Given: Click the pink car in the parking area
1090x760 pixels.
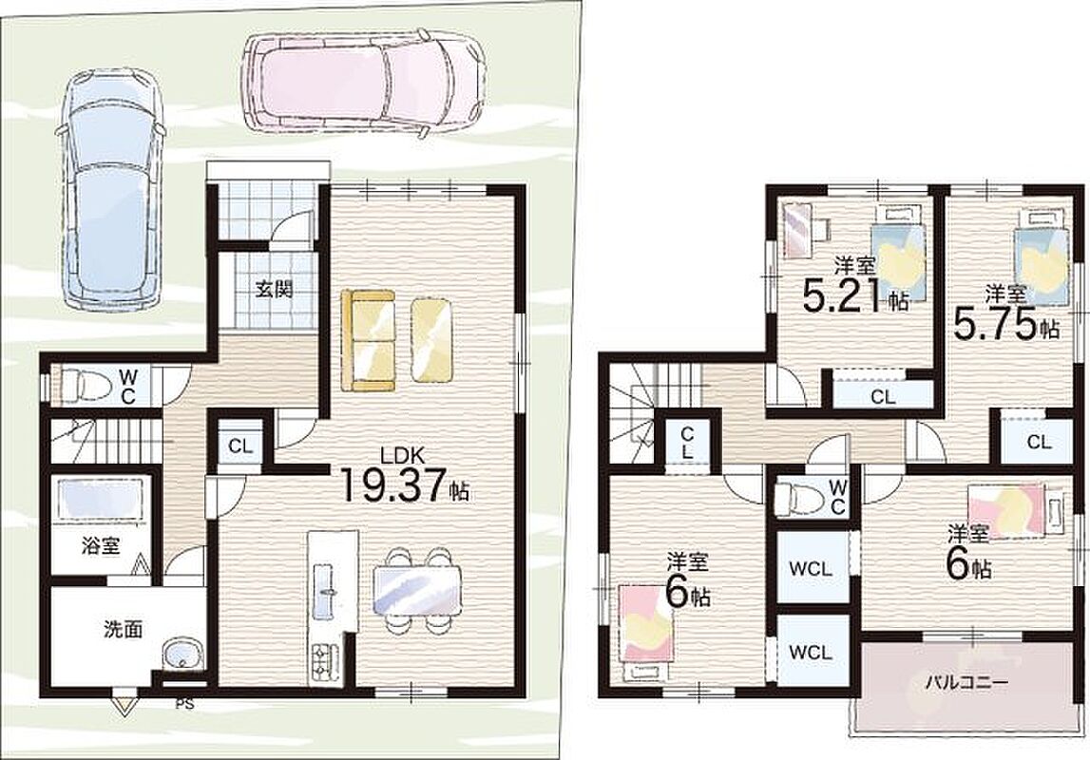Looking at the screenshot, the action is pos(362,81).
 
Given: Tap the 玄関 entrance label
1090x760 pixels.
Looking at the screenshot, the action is pos(273,288).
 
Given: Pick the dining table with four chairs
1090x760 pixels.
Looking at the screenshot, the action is pos(417,590).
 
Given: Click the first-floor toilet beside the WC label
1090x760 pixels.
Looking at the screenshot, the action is pos(84,385).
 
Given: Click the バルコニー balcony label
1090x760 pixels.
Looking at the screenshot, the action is pos(966,683).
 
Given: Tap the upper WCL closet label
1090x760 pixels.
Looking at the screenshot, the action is pos(811,569).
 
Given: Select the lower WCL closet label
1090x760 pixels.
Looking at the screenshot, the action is pos(811,653).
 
